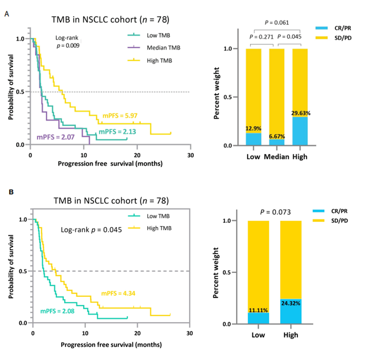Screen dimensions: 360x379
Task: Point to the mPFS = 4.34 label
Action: tap(118, 293)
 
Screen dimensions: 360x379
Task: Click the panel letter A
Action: tap(6, 14)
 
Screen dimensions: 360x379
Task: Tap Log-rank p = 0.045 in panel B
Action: tap(92, 229)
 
